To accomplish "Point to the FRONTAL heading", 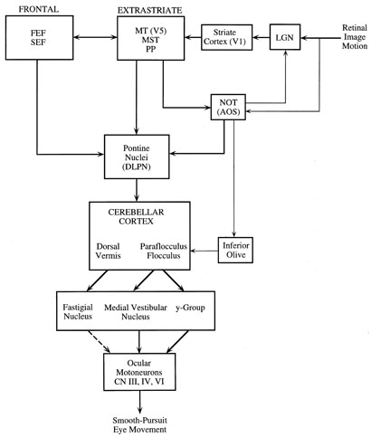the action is point(39,9).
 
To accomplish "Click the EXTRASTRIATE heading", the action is point(150,11).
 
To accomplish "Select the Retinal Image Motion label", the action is point(355,37).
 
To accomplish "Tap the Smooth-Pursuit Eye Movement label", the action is point(139,424).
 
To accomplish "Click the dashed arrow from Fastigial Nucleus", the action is point(99,342).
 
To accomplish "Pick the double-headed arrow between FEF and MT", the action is point(95,37).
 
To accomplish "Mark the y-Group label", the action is point(190,308).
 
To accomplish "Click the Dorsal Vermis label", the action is point(108,251).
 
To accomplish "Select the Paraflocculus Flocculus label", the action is point(164,251).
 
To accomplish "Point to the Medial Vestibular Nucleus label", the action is point(136,312).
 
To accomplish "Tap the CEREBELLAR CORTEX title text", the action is point(136,216).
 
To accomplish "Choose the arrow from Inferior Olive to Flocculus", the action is point(205,251).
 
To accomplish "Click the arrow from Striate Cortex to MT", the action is point(193,37).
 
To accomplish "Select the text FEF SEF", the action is point(38,37).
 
